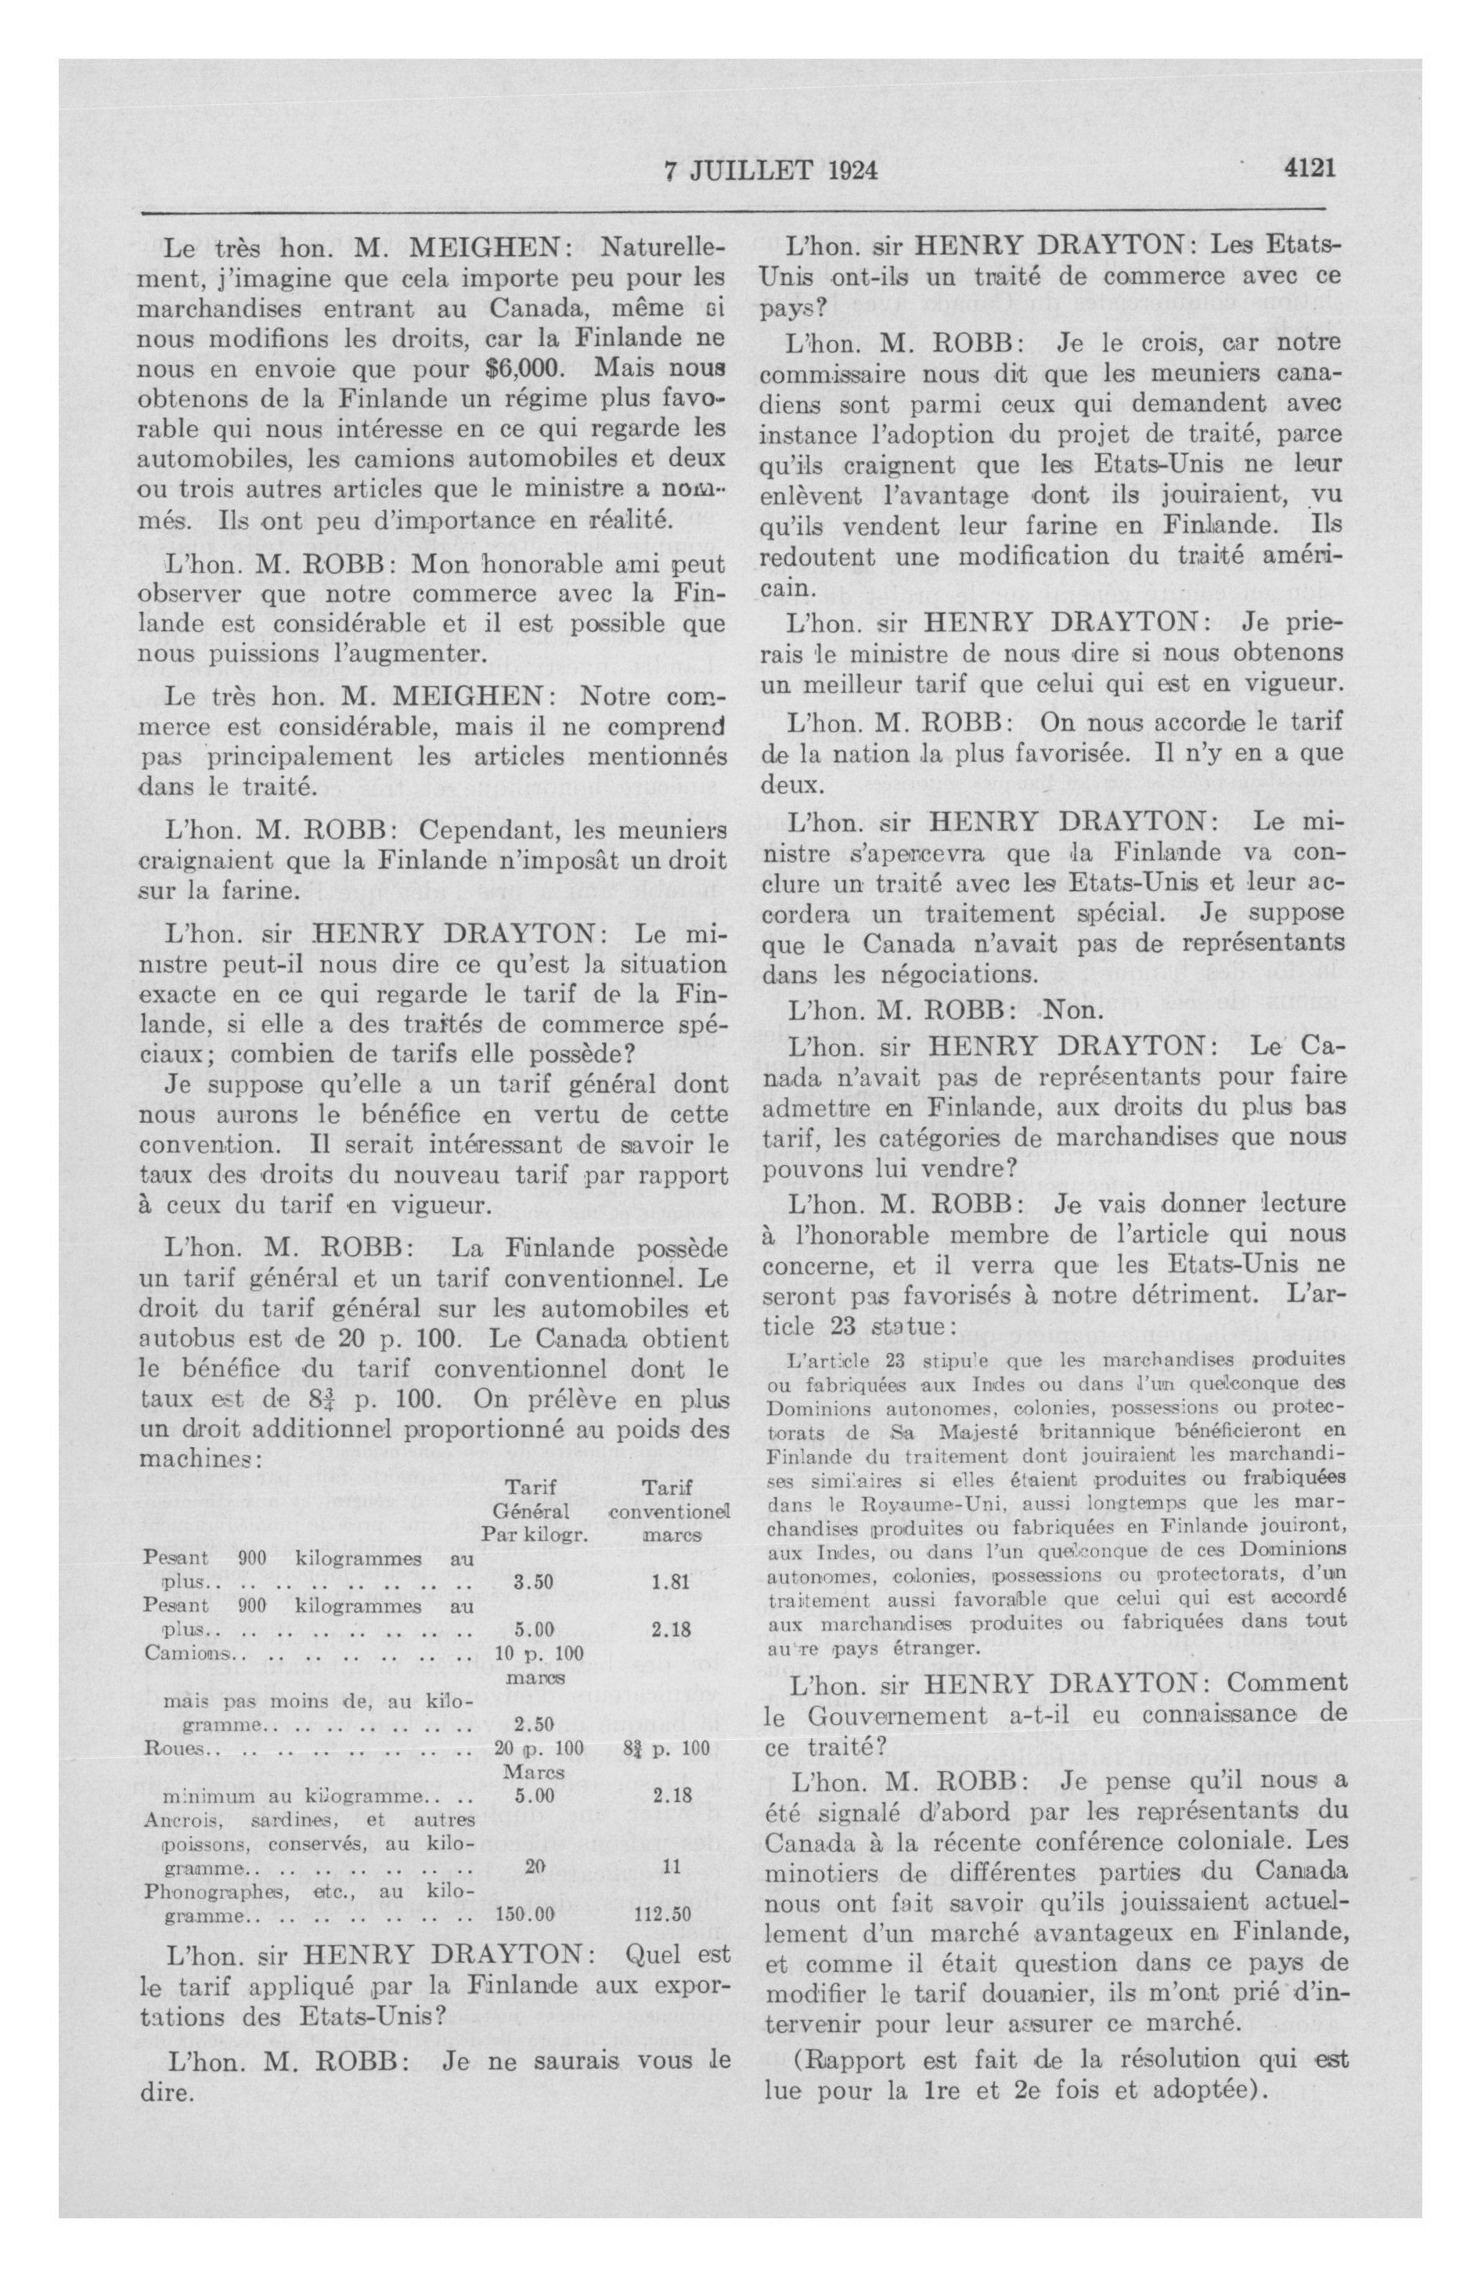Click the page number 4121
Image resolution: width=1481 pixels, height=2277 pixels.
pos(1310,169)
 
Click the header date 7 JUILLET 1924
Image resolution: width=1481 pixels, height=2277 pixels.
pos(769,171)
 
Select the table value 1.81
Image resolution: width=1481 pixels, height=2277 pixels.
pos(668,1582)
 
